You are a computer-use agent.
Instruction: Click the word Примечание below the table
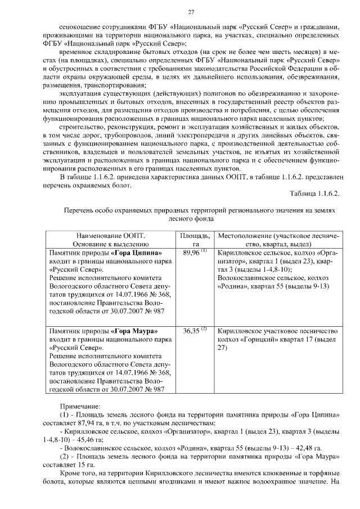pos(81,405)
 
